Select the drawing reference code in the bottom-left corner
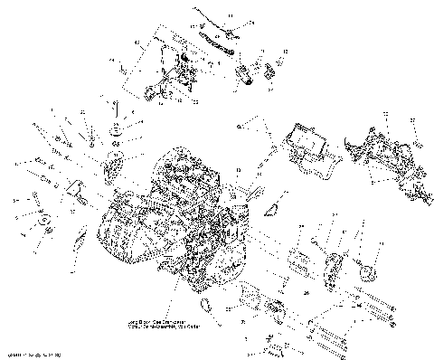tap(32, 353)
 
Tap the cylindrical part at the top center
tap(245, 75)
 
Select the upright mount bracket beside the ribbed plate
tap(331, 268)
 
